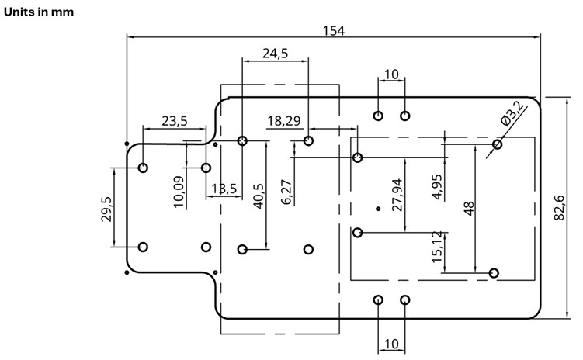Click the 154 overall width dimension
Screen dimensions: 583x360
pyautogui.click(x=334, y=30)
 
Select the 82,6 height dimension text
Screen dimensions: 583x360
pyautogui.click(x=559, y=208)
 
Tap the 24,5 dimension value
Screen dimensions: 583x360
pyautogui.click(x=275, y=54)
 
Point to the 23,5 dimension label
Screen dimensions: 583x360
pyautogui.click(x=175, y=121)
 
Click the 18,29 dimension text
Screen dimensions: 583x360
pyautogui.click(x=284, y=121)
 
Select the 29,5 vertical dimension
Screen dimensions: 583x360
pyautogui.click(x=106, y=209)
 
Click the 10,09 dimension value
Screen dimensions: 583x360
pyautogui.click(x=179, y=192)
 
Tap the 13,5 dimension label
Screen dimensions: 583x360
pyautogui.click(x=224, y=189)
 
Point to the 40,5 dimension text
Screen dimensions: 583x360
pyautogui.click(x=259, y=196)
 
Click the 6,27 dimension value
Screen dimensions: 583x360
pyautogui.click(x=286, y=192)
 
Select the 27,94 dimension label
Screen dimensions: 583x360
pyautogui.click(x=397, y=195)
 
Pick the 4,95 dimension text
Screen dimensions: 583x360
pyautogui.click(x=438, y=187)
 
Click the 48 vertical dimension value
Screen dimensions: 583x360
pyautogui.click(x=469, y=209)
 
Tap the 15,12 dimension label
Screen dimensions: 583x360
pyautogui.click(x=437, y=247)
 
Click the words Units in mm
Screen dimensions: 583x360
pyautogui.click(x=39, y=12)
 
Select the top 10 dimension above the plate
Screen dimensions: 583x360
pyautogui.click(x=391, y=74)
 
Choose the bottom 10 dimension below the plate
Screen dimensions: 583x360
pyautogui.click(x=391, y=344)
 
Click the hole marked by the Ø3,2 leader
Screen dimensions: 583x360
pyautogui.click(x=497, y=144)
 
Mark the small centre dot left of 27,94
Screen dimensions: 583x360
pyautogui.click(x=378, y=209)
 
